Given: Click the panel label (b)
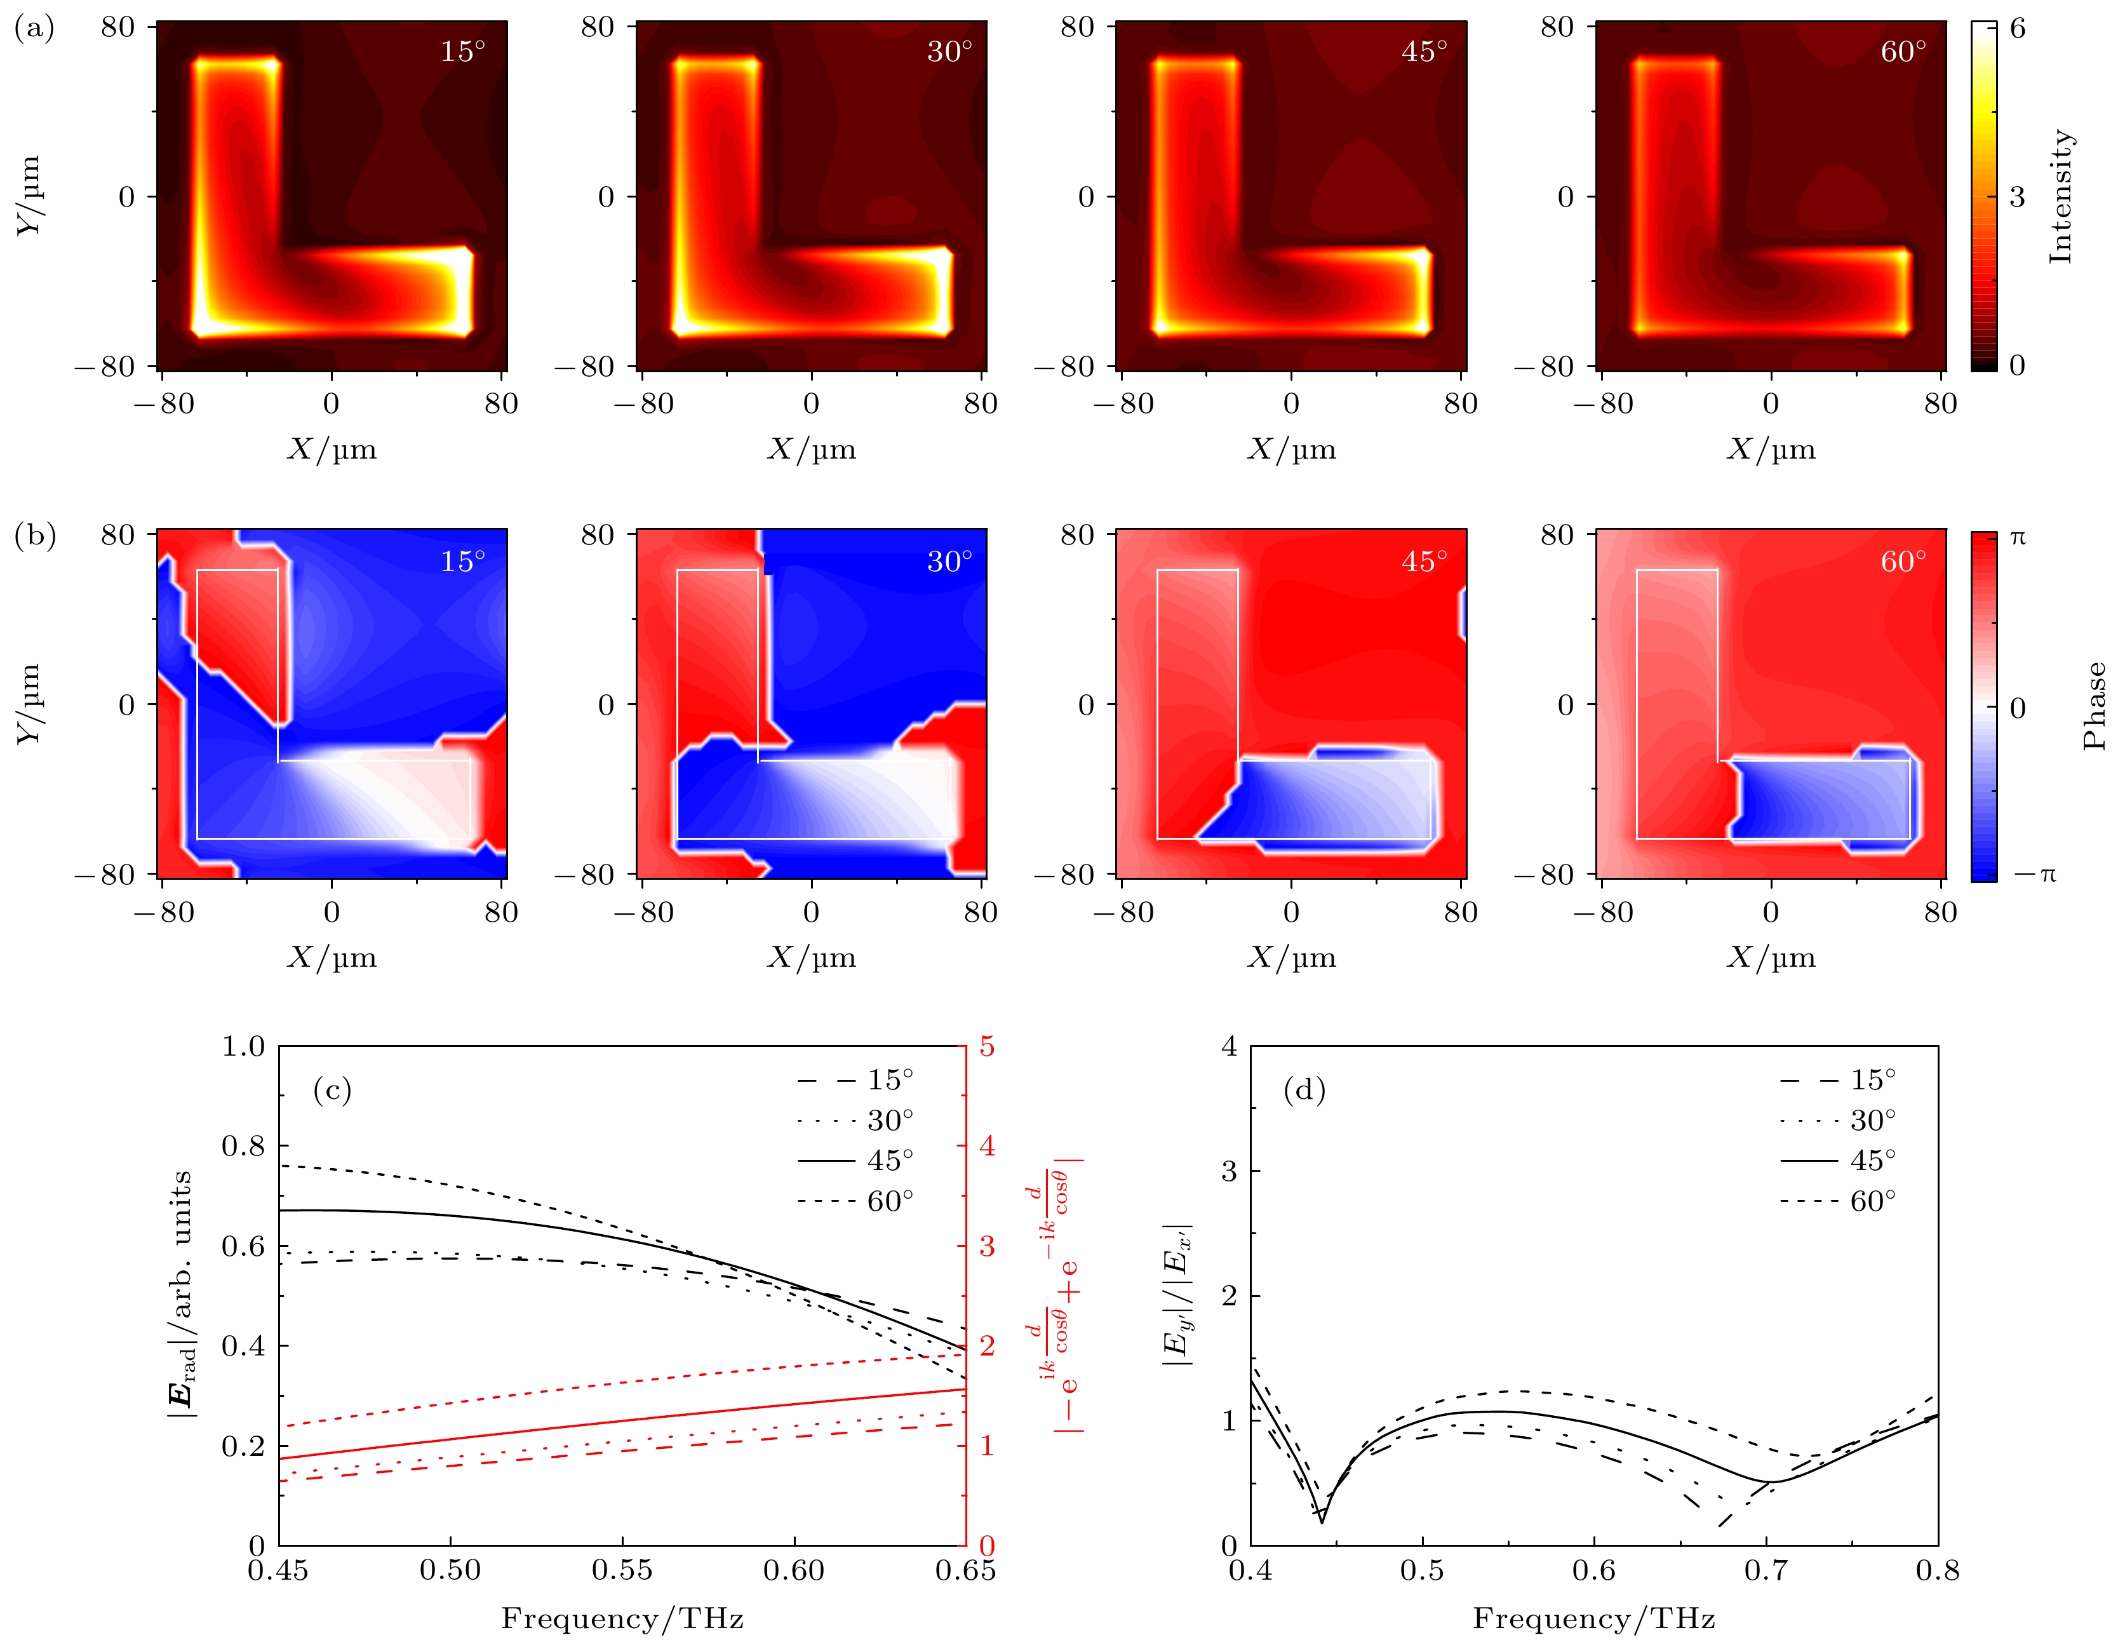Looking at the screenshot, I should pyautogui.click(x=34, y=535).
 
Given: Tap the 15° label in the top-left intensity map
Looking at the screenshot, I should pyautogui.click(x=462, y=51).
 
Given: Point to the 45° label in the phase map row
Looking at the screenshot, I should pyautogui.click(x=1423, y=561).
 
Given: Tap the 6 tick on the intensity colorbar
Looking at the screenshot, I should pyautogui.click(x=2017, y=27).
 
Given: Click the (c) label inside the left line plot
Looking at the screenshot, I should pyautogui.click(x=332, y=1089).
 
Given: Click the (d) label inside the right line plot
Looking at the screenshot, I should pyautogui.click(x=1304, y=1089).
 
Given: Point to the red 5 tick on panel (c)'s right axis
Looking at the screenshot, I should pyautogui.click(x=987, y=1046).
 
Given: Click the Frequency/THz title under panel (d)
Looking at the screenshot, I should pyautogui.click(x=1593, y=1618).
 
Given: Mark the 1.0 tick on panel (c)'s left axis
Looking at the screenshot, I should pyautogui.click(x=243, y=1046).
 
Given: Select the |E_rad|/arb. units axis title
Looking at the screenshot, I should pyautogui.click(x=181, y=1295).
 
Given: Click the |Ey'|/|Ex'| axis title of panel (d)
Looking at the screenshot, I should pyautogui.click(x=1178, y=1295).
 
